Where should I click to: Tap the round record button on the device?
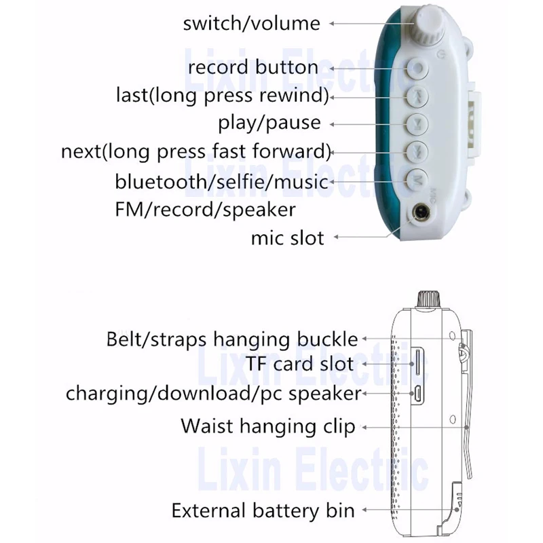(x=417, y=68)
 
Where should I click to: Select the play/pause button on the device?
(x=417, y=124)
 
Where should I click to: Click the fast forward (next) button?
(x=417, y=151)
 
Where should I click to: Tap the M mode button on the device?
(x=417, y=180)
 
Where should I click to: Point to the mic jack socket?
(x=421, y=215)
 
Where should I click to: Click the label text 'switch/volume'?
(x=251, y=23)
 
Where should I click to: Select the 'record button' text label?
(x=252, y=67)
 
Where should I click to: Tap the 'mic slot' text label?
(x=287, y=238)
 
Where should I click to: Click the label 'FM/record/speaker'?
(x=205, y=209)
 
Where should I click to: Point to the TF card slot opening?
(x=416, y=363)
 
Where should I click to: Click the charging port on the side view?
(x=417, y=393)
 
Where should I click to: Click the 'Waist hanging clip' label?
(x=267, y=427)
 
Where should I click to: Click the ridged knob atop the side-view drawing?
(x=429, y=299)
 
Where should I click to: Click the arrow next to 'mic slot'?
(x=360, y=238)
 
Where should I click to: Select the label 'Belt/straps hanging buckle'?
(x=231, y=338)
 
